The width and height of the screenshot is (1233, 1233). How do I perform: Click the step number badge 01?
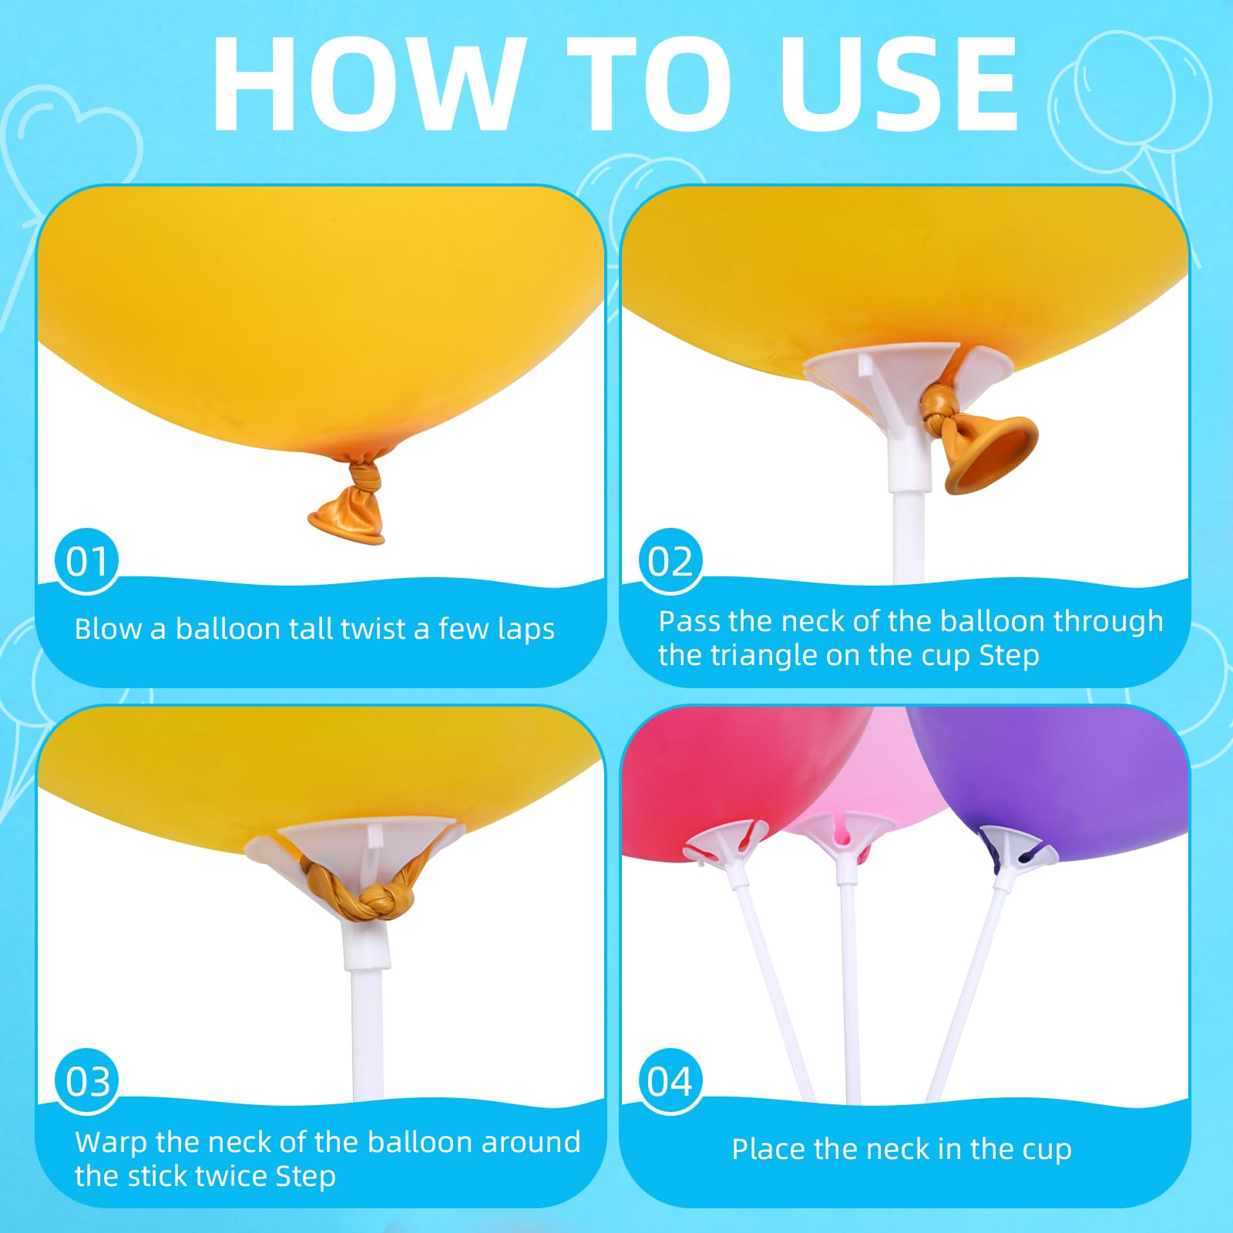[x=87, y=560]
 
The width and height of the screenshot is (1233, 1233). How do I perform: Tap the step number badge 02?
[x=670, y=560]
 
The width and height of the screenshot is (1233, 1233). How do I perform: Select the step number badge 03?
[x=87, y=1080]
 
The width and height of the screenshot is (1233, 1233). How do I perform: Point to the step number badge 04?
[x=670, y=1080]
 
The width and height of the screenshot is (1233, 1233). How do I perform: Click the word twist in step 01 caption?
[x=373, y=629]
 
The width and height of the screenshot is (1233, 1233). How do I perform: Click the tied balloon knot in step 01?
[x=362, y=478]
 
